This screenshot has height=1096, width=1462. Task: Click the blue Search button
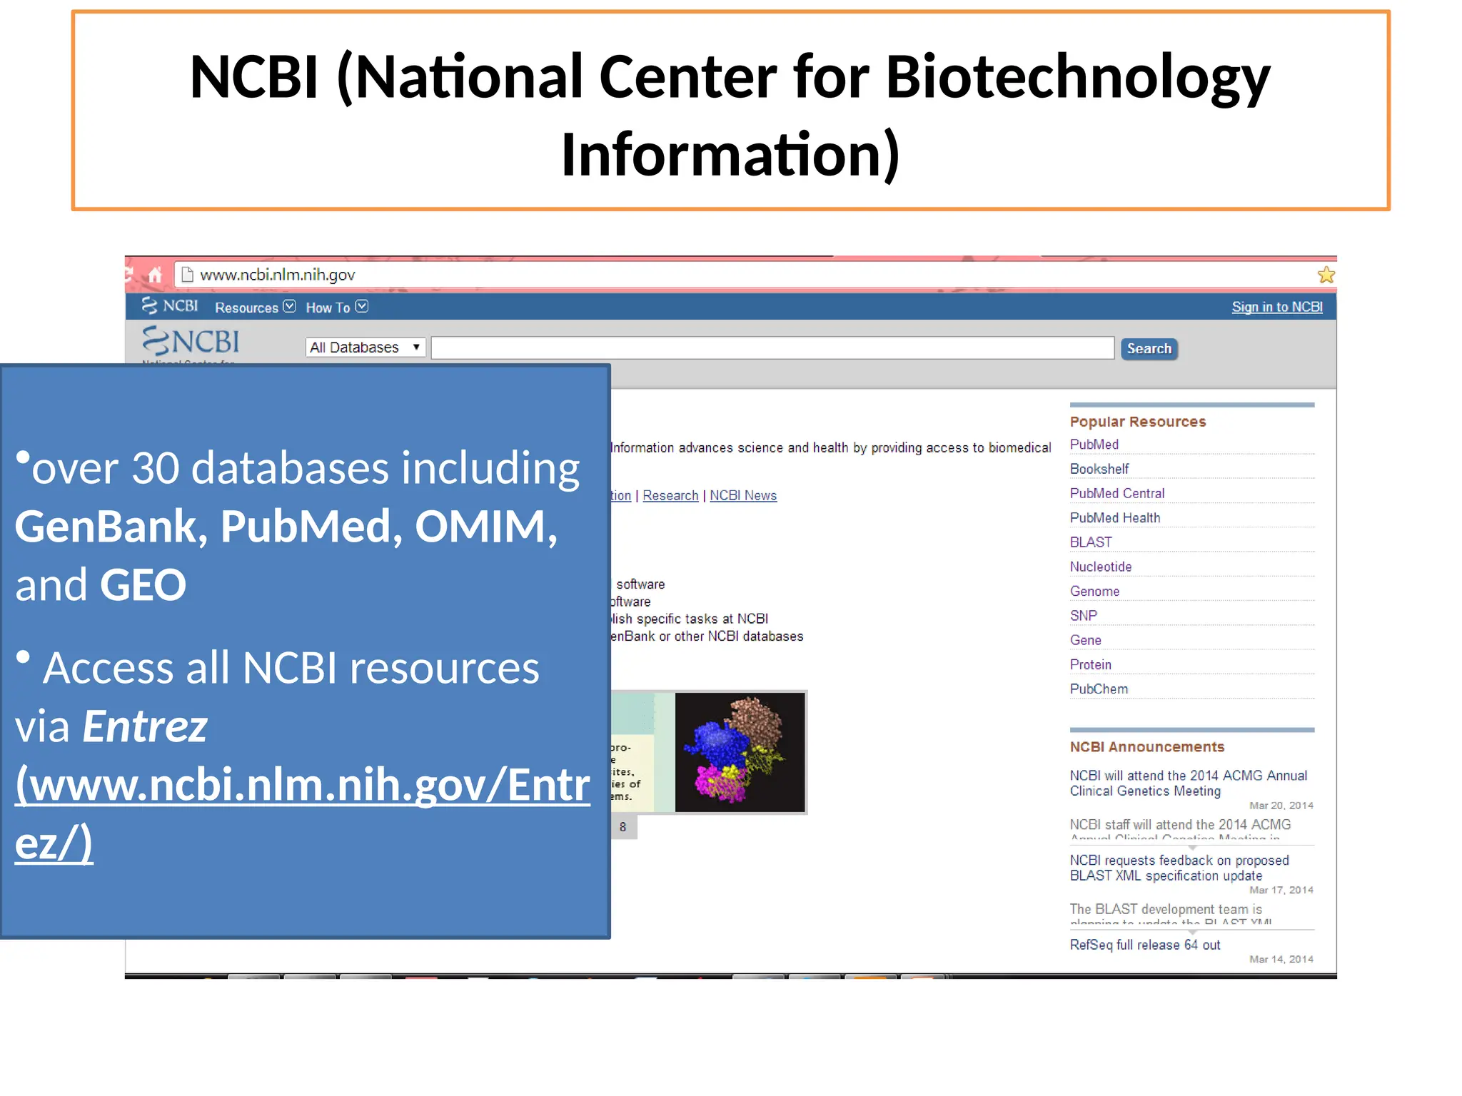point(1149,349)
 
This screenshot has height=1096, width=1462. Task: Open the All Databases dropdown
point(365,347)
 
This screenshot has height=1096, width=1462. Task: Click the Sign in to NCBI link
point(1276,307)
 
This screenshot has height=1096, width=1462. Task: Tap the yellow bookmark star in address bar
point(1326,275)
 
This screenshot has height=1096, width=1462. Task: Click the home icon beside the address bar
point(155,275)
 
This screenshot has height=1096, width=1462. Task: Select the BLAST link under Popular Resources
point(1090,542)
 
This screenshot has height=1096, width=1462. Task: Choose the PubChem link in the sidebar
point(1099,689)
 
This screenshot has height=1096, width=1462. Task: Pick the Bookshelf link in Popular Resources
point(1099,469)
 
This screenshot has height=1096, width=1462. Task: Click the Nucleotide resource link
point(1100,567)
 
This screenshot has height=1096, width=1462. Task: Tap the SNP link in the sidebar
point(1083,616)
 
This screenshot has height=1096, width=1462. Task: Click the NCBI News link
point(742,496)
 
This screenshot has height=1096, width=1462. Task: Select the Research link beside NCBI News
point(670,496)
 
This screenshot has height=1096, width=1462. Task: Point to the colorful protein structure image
point(740,752)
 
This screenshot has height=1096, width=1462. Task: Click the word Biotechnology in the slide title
point(1077,77)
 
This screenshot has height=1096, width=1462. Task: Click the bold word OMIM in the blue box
point(485,527)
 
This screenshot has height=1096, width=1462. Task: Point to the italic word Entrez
point(145,726)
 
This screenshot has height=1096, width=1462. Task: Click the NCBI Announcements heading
point(1146,747)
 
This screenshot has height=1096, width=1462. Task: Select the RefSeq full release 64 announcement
point(1144,945)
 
